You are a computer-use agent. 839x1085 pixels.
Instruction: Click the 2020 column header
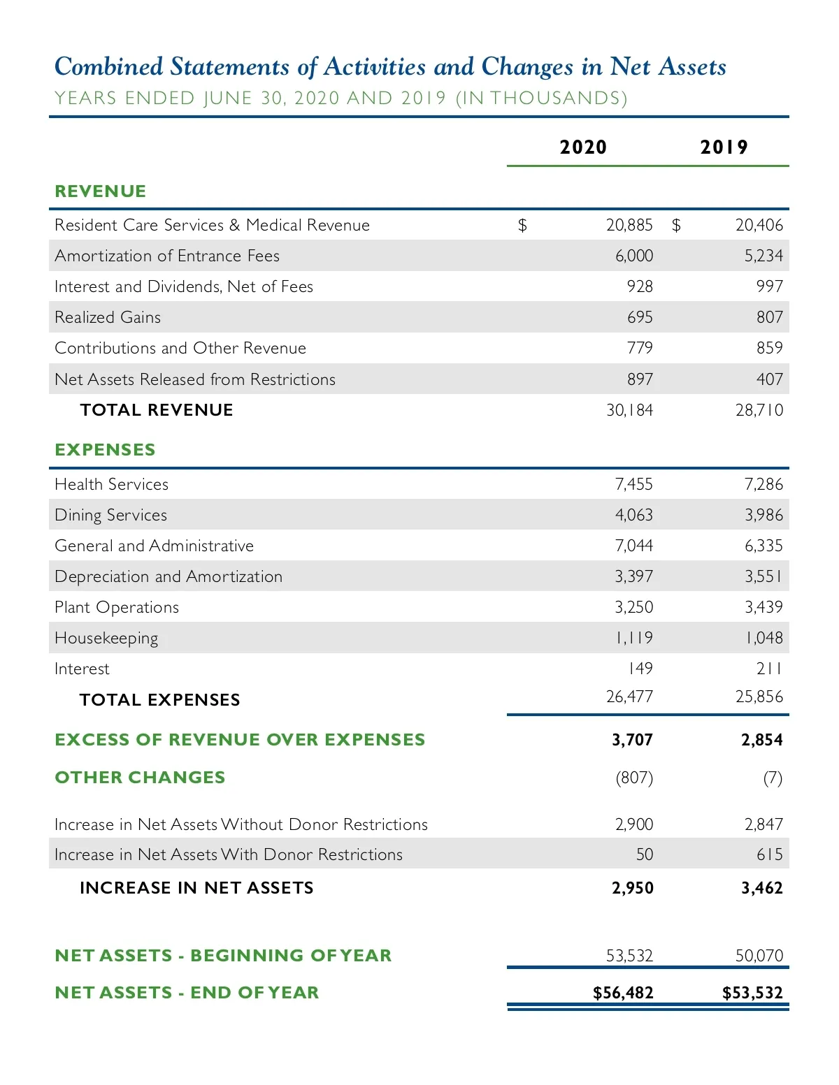(x=583, y=147)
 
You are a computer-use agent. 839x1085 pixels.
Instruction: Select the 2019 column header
(x=724, y=147)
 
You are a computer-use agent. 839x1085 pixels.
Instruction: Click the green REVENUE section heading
(x=101, y=191)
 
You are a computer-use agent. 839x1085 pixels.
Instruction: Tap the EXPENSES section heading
(x=105, y=450)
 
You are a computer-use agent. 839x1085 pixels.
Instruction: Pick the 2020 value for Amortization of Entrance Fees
(x=633, y=256)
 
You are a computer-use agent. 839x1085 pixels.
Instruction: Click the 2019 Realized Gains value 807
(x=769, y=317)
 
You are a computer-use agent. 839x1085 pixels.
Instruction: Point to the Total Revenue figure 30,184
(x=629, y=410)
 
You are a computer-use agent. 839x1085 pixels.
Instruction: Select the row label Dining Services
(x=110, y=516)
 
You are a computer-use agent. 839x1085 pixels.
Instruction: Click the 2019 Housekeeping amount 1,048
(x=763, y=638)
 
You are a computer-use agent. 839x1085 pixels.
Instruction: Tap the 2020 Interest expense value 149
(x=640, y=669)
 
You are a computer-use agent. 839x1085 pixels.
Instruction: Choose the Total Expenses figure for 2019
(x=759, y=697)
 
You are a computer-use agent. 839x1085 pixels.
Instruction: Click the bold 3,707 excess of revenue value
(x=632, y=740)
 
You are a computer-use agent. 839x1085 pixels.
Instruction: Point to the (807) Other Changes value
(x=634, y=778)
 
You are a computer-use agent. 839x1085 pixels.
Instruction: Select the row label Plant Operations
(x=117, y=608)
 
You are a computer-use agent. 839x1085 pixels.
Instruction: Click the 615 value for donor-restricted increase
(x=769, y=854)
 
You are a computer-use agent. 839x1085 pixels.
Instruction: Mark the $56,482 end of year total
(x=623, y=993)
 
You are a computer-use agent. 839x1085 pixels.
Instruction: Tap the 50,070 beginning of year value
(x=759, y=956)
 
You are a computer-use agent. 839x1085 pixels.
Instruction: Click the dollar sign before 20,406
(x=676, y=225)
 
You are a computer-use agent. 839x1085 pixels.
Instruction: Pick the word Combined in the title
(x=108, y=67)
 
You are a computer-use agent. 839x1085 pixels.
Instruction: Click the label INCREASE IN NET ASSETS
(x=196, y=888)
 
